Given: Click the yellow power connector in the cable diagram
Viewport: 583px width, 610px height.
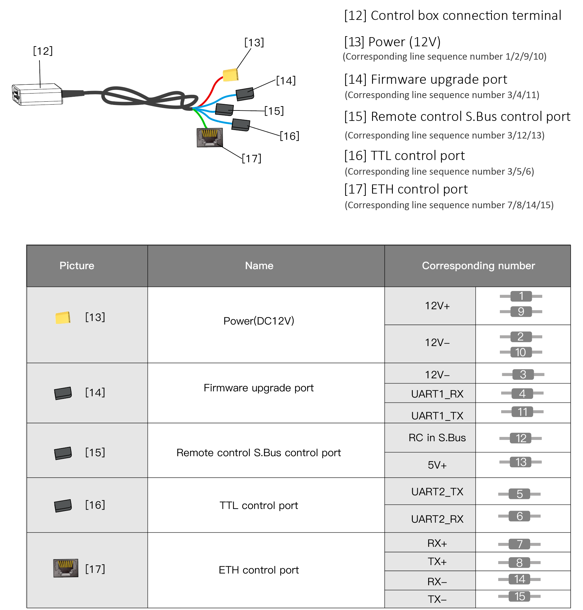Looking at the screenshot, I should coord(231,75).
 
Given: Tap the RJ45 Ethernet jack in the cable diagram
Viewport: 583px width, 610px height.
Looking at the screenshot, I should coord(210,138).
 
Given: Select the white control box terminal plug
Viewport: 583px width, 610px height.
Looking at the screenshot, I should coord(38,95).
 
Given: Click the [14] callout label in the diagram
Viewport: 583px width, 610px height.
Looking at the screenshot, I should coord(286,80).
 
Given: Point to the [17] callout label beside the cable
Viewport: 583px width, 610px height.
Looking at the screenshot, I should coord(251,158).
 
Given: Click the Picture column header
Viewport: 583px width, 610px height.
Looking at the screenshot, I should coord(77,266).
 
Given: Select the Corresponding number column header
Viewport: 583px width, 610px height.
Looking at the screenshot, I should coord(478,266).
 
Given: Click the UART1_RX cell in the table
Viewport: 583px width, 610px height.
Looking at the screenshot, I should coord(437,394).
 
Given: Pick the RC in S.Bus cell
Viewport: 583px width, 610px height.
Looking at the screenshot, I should coord(437,438).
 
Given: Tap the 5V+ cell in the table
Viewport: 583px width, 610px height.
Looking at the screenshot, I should coord(437,465).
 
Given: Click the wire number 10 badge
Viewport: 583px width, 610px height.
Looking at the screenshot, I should coord(521,352).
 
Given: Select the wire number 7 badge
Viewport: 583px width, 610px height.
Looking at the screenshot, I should coord(519,544).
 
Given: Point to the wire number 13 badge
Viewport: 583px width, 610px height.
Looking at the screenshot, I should coord(521,462).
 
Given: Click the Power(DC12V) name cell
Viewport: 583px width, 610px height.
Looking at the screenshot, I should coord(259,321).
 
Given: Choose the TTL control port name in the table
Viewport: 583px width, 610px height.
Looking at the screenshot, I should coord(259,505).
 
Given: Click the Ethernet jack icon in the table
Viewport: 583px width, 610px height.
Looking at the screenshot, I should coord(66,568).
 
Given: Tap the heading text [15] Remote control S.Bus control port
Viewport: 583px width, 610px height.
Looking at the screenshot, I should coord(457,117).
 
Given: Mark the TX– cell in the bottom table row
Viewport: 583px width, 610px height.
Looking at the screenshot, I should coord(437,599).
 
